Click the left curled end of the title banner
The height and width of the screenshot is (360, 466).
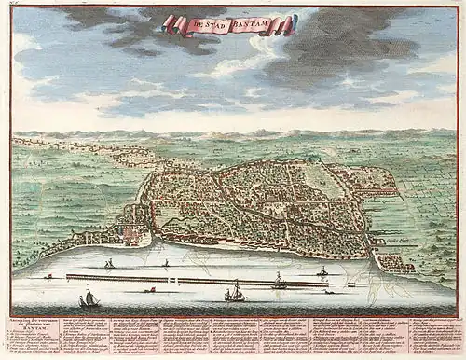click(167, 22)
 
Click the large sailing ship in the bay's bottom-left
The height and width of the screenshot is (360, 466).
click(89, 298)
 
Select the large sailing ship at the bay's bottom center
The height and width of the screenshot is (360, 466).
click(234, 293)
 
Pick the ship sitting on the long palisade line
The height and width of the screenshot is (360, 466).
click(278, 280)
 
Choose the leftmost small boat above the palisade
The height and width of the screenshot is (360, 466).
click(109, 265)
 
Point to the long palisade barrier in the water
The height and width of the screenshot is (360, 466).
click(186, 279)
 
